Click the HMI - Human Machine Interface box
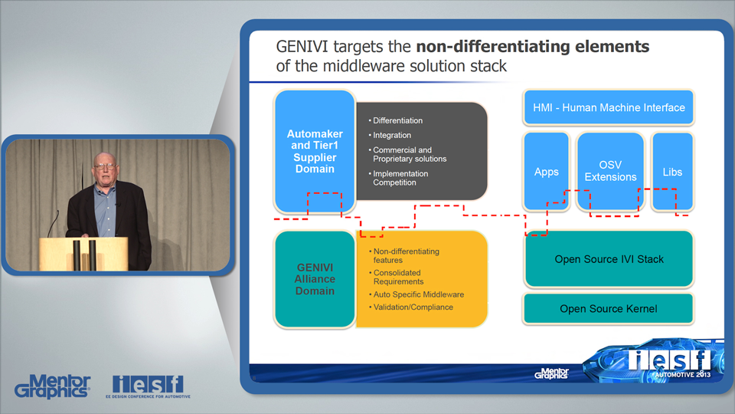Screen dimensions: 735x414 (609, 107)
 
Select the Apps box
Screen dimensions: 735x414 (546, 172)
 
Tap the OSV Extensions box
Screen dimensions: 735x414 (610, 171)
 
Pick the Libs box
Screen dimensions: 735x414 (672, 172)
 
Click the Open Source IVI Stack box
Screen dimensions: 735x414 (609, 258)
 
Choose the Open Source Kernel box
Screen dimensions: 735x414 (609, 309)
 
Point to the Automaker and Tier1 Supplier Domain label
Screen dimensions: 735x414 (315, 151)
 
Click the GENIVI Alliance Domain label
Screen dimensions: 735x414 (315, 279)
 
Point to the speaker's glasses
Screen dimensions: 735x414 (105, 166)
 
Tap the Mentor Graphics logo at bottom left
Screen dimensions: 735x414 (53, 386)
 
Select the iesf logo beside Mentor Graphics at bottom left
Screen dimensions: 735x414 (148, 386)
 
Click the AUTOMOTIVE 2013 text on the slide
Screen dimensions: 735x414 (683, 375)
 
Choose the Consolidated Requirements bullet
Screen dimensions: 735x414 (397, 277)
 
